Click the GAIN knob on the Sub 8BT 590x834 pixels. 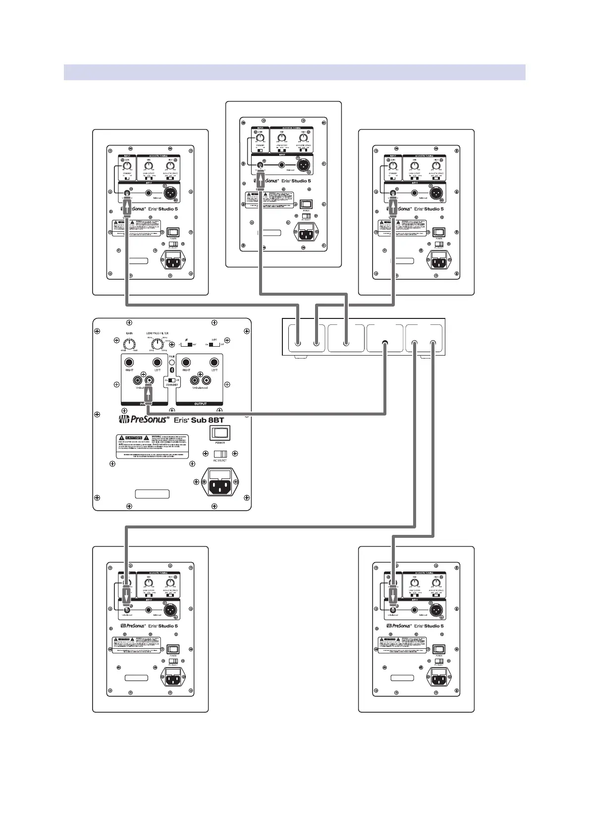point(129,342)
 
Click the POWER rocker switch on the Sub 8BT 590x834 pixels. point(220,433)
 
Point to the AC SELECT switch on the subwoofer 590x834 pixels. point(220,454)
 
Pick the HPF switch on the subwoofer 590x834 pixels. point(214,343)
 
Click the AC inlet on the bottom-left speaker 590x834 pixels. point(174,677)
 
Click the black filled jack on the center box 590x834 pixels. point(385,343)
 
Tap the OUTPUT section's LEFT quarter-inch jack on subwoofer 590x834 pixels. point(214,363)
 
